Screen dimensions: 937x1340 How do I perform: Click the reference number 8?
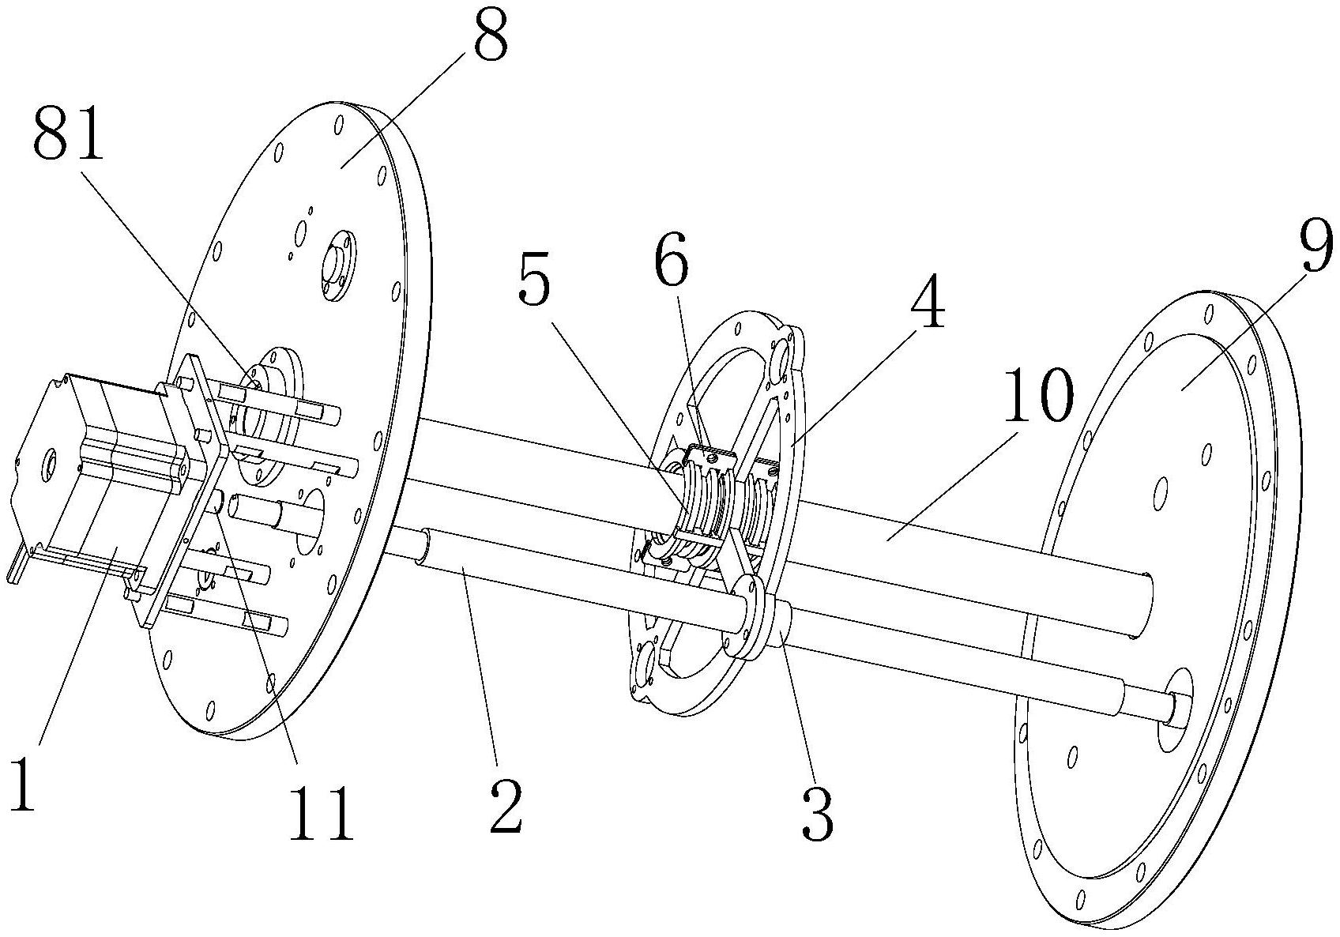point(491,34)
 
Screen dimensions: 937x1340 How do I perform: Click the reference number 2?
point(505,805)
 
